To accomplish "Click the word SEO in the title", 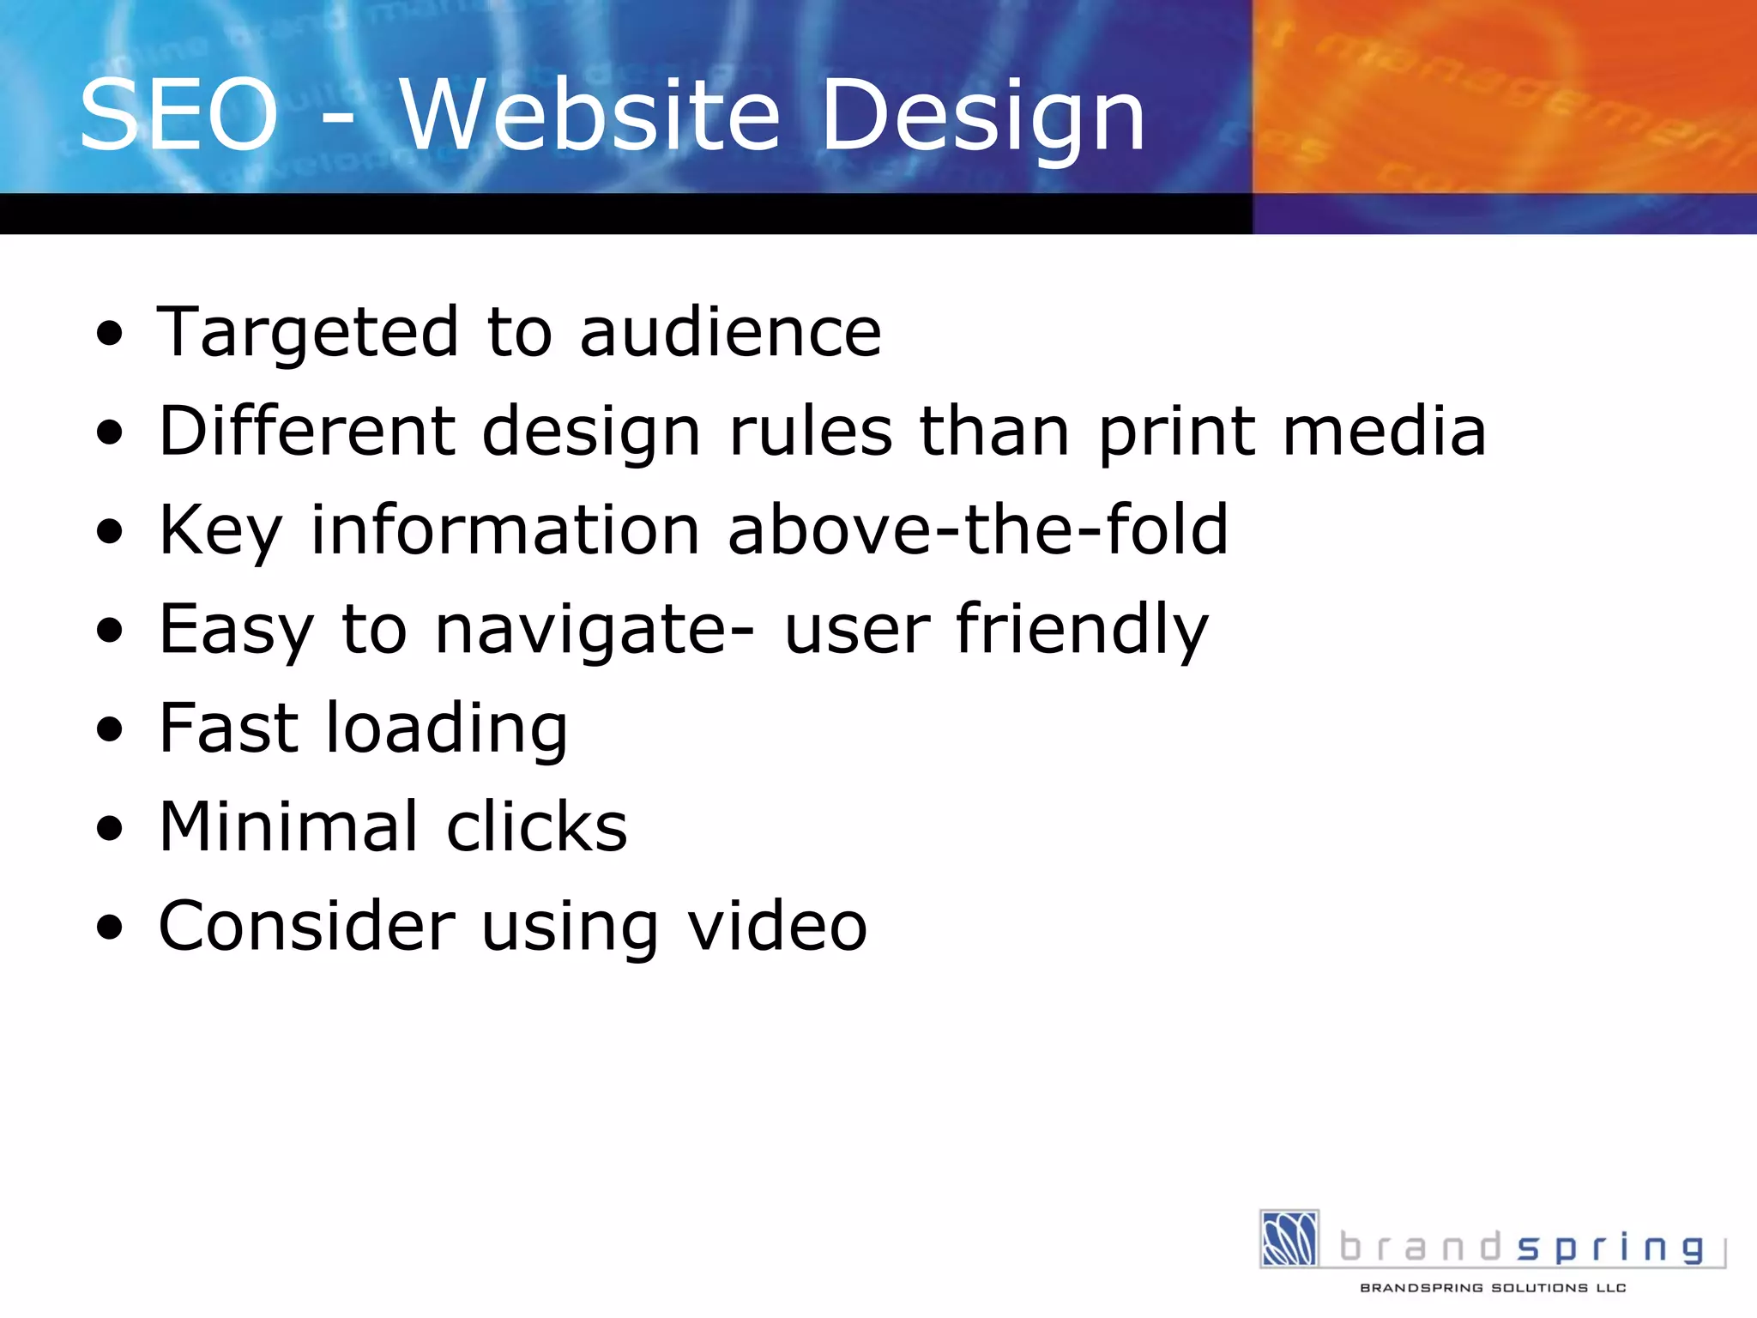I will (x=178, y=116).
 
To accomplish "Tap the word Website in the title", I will (x=590, y=116).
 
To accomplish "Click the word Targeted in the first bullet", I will (x=308, y=334).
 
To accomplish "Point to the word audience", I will (x=730, y=332).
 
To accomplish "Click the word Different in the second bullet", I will (x=306, y=431).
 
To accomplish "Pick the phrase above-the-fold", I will (x=978, y=529).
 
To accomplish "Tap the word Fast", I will (x=228, y=728).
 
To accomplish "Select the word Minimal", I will (x=288, y=826).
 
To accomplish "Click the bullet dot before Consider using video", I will (x=110, y=928).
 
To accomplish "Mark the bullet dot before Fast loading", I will (x=110, y=729).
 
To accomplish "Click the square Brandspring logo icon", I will (x=1289, y=1237).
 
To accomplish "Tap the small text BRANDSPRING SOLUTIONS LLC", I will (x=1493, y=1287).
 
